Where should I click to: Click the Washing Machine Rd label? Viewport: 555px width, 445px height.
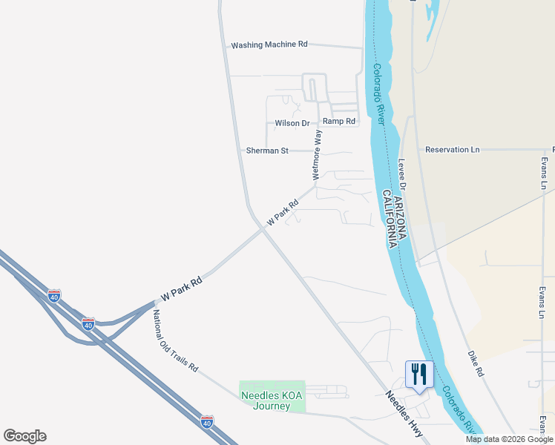tap(269, 44)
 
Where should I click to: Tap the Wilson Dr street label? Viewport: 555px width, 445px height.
tap(292, 123)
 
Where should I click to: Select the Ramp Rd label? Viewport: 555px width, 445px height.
tap(339, 121)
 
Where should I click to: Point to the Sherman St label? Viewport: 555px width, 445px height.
tap(267, 151)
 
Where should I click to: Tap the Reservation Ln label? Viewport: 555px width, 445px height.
tap(452, 150)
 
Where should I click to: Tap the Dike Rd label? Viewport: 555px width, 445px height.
tap(476, 363)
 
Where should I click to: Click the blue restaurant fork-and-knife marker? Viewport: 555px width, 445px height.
tap(419, 375)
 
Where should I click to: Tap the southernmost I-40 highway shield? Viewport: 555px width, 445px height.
tap(208, 422)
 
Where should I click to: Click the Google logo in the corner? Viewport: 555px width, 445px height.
tap(24, 436)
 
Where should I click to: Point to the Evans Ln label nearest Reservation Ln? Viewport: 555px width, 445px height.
tap(544, 172)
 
